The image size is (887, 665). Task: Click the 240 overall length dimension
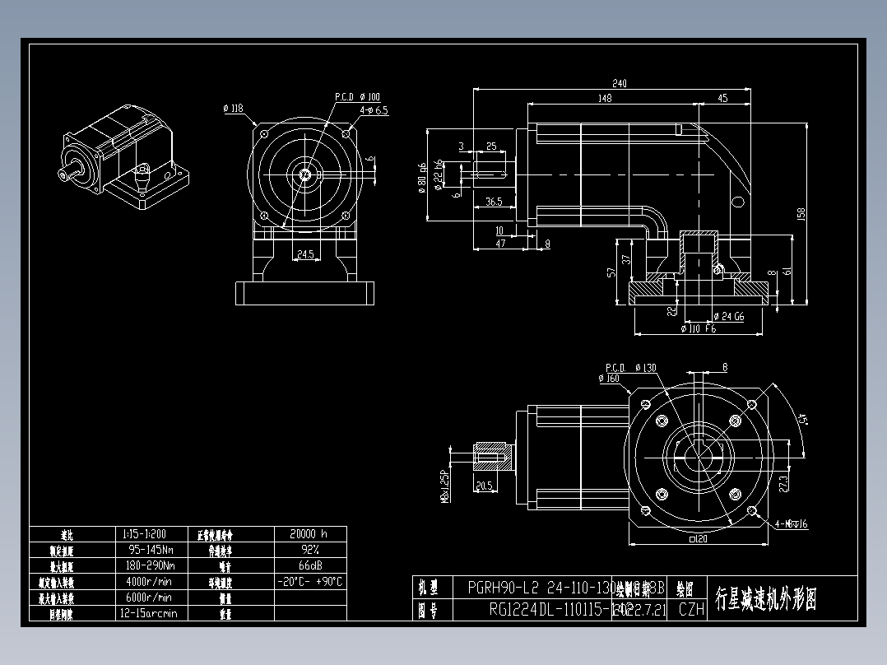619,83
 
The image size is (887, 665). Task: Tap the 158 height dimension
801,213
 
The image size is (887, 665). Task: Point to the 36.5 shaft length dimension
494,202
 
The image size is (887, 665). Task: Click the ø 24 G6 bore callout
728,316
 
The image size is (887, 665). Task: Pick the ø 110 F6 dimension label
699,329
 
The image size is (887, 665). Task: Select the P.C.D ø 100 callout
358,97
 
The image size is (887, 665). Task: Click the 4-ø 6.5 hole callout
374,109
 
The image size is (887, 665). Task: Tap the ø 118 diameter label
234,108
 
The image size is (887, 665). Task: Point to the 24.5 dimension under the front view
305,255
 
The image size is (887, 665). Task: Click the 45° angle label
805,419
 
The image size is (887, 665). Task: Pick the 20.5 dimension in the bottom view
485,486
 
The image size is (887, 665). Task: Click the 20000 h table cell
309,533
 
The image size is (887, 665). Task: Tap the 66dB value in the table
309,565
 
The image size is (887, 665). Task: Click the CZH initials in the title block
691,610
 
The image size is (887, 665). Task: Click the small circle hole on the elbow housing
739,202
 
